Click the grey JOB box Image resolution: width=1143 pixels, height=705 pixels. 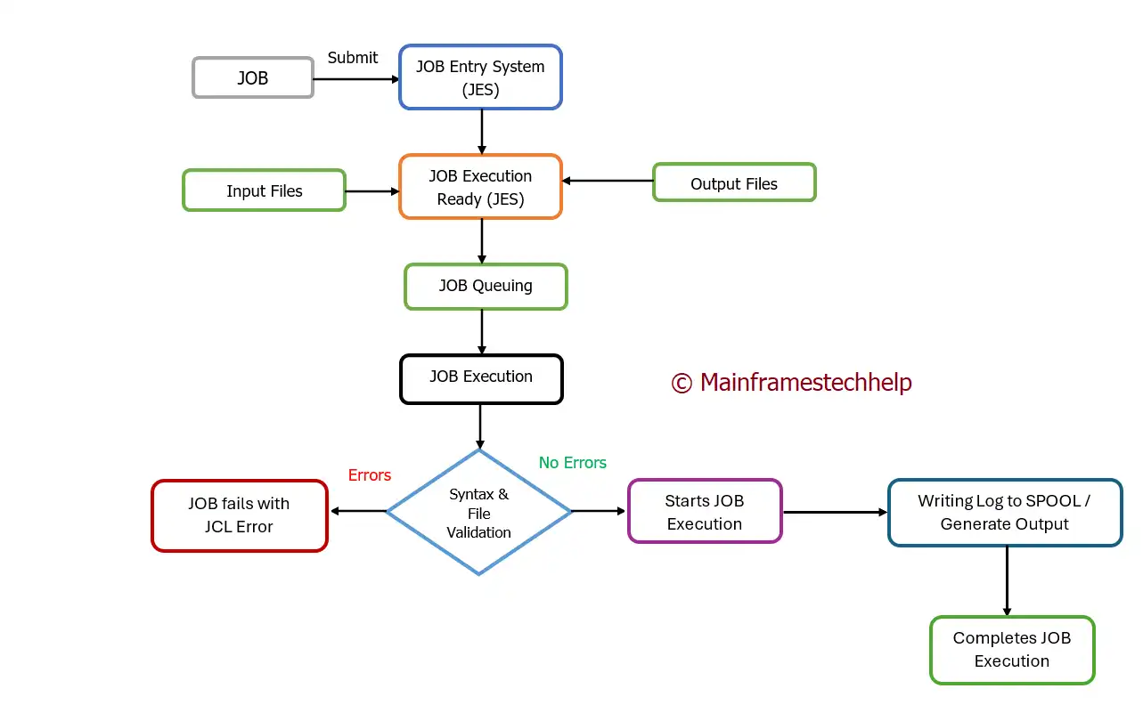(253, 77)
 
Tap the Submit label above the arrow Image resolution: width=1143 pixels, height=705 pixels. (353, 58)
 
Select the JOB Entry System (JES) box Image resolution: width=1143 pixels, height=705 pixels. (481, 77)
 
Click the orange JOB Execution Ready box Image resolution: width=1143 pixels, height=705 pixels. (481, 187)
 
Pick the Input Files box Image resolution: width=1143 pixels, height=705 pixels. (264, 190)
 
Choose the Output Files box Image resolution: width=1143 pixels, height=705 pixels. (734, 183)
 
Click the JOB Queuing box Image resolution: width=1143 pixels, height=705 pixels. (486, 286)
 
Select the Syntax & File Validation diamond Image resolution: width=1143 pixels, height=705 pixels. (479, 513)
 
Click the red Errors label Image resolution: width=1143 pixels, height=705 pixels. (370, 475)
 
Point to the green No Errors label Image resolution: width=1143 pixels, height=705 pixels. (573, 463)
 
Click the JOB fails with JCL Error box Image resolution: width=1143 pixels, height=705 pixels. (239, 515)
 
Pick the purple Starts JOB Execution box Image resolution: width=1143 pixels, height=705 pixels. (704, 512)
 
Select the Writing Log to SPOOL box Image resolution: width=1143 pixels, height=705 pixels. (1004, 513)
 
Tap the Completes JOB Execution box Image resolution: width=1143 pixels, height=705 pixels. (1011, 650)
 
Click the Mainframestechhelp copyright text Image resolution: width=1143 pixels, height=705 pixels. (791, 383)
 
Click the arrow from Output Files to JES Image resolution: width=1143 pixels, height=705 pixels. (608, 181)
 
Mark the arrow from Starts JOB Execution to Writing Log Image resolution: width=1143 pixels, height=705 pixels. (835, 512)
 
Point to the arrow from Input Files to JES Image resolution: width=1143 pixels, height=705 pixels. (372, 190)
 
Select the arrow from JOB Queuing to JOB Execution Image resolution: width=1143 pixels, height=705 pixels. (481, 332)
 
